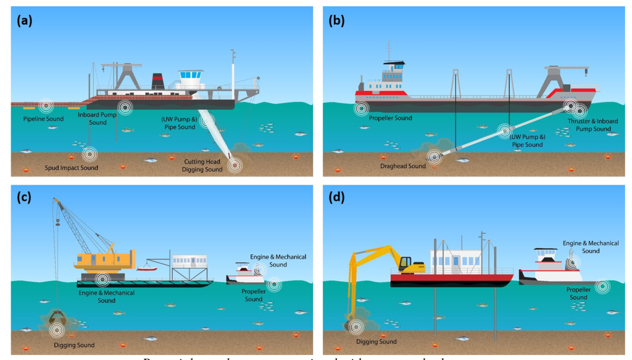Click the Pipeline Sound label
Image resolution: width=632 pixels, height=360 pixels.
(x=43, y=119)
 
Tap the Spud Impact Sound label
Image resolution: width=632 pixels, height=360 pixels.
(x=72, y=168)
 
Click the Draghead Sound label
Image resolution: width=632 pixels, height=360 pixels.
(x=404, y=166)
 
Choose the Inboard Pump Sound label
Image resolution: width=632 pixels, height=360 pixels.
(x=98, y=119)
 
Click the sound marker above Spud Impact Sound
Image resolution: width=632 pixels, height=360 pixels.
(x=89, y=153)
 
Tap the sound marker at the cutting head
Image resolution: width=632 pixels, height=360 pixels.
(x=234, y=164)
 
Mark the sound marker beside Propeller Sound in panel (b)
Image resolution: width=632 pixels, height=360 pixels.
(x=361, y=109)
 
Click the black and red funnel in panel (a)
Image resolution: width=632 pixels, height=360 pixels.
(x=159, y=82)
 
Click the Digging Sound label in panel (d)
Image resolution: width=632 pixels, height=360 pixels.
(x=376, y=341)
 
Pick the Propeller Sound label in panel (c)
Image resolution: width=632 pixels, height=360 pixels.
(x=254, y=295)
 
